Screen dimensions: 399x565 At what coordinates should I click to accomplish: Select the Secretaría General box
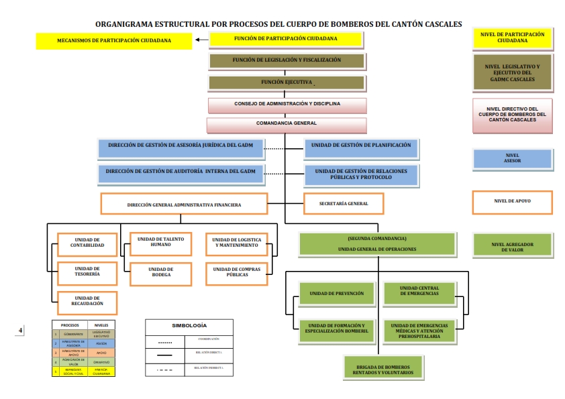pyautogui.click(x=344, y=203)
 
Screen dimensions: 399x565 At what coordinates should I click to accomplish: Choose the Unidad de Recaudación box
pyautogui.click(x=87, y=301)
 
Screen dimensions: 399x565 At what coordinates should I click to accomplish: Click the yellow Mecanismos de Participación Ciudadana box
pyautogui.click(x=113, y=41)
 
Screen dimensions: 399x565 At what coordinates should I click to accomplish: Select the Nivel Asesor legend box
pyautogui.click(x=512, y=158)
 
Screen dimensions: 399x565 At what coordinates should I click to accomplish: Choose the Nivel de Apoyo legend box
pyautogui.click(x=512, y=202)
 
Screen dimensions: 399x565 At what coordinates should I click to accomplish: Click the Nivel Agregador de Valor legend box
pyautogui.click(x=512, y=245)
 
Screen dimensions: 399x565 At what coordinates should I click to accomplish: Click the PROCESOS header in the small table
pyautogui.click(x=70, y=324)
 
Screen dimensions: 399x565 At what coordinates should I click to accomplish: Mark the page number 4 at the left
pyautogui.click(x=21, y=330)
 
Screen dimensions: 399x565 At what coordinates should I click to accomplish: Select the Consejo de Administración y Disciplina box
pyautogui.click(x=287, y=105)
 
